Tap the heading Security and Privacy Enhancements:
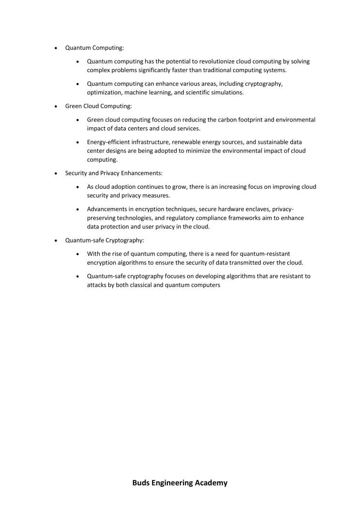(114, 173)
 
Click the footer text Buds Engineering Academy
(180, 482)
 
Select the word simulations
(226, 92)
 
